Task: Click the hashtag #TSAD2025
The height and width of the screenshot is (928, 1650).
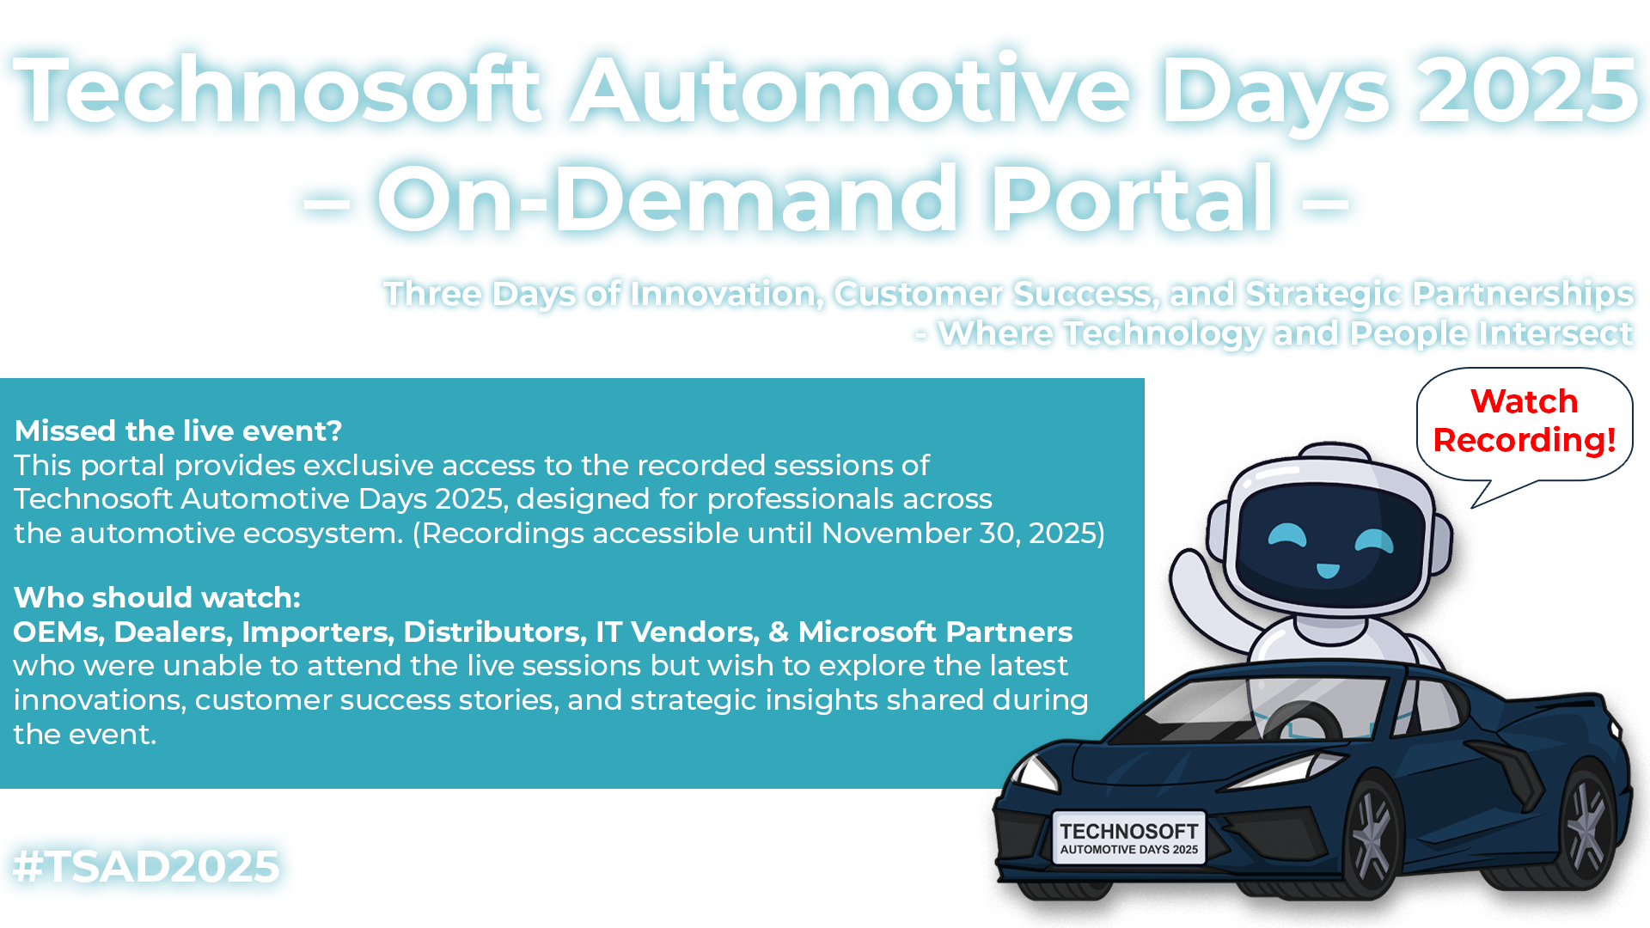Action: [x=146, y=865]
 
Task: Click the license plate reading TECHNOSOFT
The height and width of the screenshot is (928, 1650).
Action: [x=1128, y=838]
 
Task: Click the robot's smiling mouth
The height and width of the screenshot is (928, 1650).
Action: [x=1328, y=571]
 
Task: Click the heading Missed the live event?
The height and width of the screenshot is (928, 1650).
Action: [x=178, y=430]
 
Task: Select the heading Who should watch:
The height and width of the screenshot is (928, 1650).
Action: [x=157, y=597]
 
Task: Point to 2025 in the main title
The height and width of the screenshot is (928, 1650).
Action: [x=1528, y=90]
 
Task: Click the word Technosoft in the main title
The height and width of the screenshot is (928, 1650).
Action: [x=278, y=90]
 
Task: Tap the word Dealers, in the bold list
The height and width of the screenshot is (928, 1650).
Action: [x=174, y=632]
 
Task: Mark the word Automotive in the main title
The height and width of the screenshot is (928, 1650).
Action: [x=851, y=90]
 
